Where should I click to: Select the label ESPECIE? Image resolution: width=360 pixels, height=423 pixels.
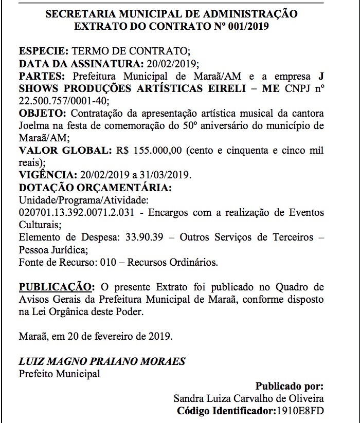43,52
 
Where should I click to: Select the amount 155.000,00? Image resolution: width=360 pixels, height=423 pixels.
158,151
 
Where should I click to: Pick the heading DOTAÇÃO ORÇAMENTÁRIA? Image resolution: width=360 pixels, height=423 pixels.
95,187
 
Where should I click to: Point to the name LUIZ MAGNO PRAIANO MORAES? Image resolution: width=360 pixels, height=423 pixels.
102,361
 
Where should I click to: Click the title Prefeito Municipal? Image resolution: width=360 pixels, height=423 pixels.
59,374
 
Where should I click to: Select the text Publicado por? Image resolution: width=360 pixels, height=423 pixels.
290,386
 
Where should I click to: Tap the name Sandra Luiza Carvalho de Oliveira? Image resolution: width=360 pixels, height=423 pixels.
249,398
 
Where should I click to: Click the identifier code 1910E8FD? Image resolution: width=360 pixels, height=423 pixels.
300,411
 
